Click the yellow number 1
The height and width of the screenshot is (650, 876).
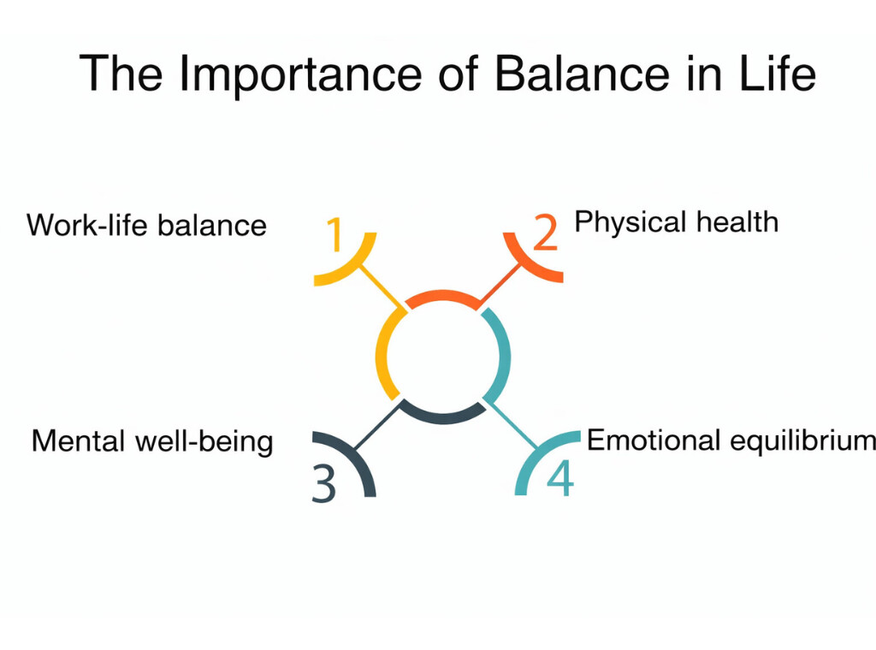335,235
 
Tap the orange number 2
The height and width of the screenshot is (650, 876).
545,232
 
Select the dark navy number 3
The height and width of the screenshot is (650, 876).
323,483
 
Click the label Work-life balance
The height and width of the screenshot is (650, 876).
146,226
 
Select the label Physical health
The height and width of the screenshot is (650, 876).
676,222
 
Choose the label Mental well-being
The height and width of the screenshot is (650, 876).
152,442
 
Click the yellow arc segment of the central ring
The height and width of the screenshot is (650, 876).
384,355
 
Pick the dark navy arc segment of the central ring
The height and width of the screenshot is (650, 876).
442,415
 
